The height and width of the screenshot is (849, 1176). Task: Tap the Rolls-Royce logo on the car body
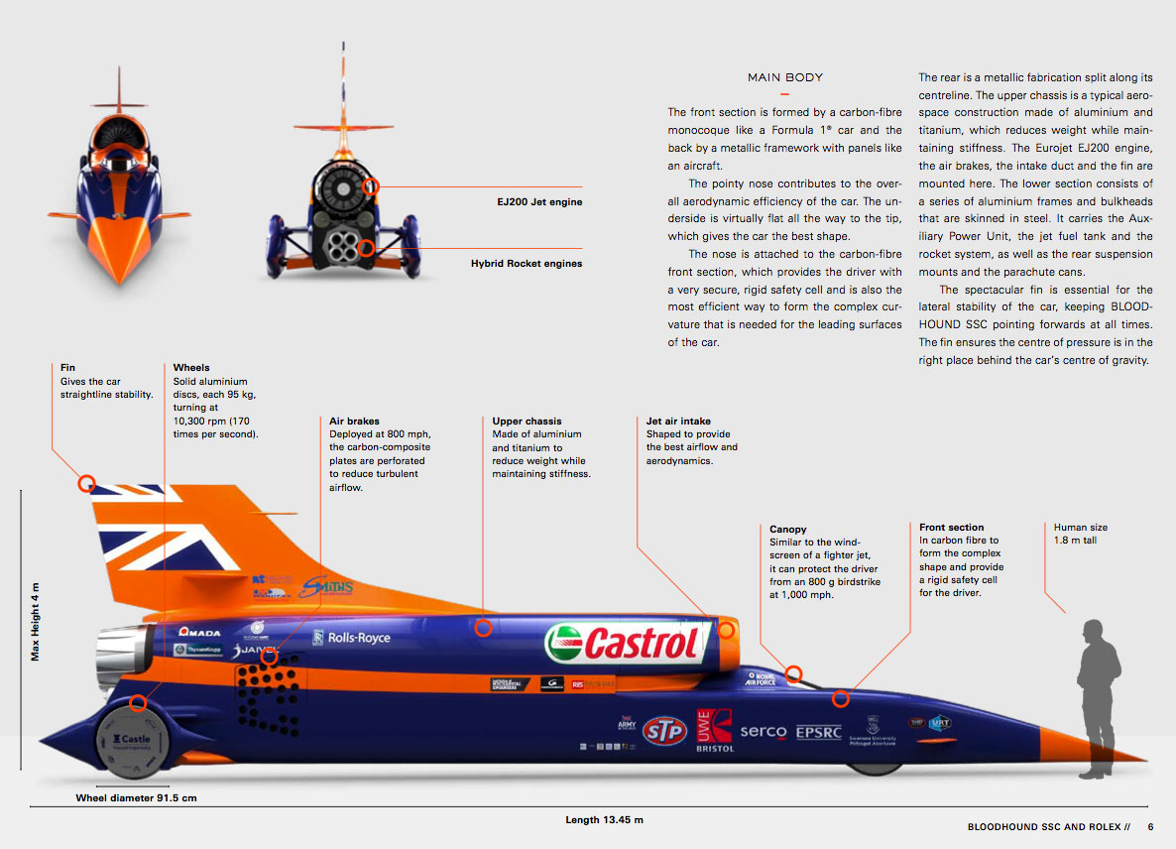click(x=352, y=638)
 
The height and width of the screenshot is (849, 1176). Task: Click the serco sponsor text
click(x=764, y=732)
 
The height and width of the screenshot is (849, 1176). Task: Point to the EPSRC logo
click(x=819, y=732)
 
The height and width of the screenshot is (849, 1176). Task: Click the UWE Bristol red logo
click(x=714, y=730)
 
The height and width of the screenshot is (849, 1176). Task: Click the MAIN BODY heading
click(x=785, y=77)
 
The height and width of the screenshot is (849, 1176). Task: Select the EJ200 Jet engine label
click(x=539, y=202)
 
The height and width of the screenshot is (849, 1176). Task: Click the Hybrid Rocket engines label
click(x=527, y=264)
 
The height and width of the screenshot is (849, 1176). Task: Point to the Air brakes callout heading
click(x=354, y=422)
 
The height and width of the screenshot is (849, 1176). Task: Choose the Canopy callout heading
click(x=788, y=530)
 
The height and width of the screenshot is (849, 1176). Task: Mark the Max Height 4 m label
click(x=36, y=621)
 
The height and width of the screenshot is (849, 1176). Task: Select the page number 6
click(x=1151, y=826)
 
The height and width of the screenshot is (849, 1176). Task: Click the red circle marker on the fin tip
click(x=86, y=484)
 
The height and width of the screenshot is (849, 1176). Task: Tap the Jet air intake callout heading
click(x=678, y=422)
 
